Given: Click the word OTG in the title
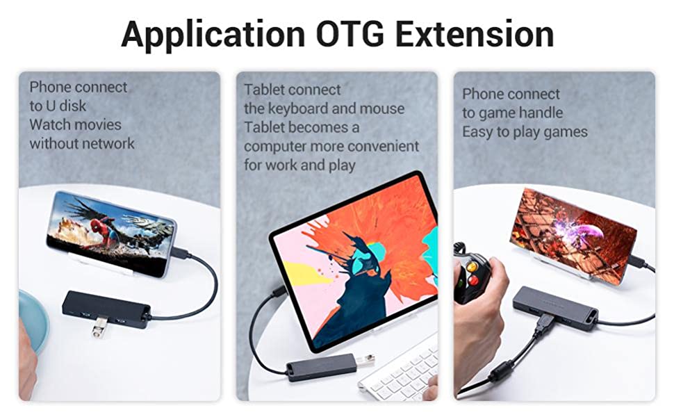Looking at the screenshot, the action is [x=350, y=33].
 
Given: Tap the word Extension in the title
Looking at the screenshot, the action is [x=475, y=33].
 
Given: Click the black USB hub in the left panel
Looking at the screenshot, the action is [x=106, y=309].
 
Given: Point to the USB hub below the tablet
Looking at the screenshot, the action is [x=322, y=367].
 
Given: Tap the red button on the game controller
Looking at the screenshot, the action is [x=474, y=280].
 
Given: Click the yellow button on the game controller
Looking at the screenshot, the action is [x=472, y=267].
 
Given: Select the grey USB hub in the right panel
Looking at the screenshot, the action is [x=555, y=308].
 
